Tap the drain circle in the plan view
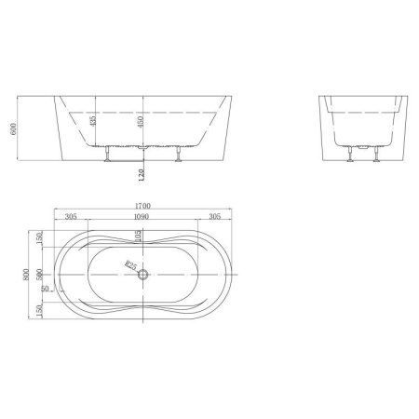click(142, 275)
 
